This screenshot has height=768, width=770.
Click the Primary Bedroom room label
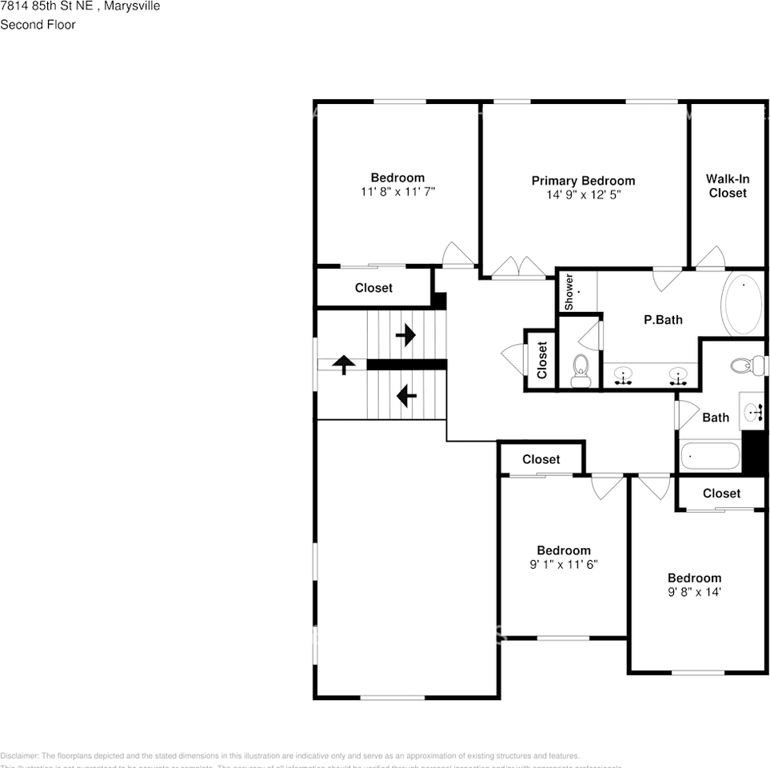click(x=583, y=181)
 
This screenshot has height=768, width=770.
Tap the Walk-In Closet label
click(x=727, y=186)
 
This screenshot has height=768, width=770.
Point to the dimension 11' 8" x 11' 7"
click(x=397, y=191)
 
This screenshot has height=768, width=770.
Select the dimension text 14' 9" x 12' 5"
click(x=583, y=194)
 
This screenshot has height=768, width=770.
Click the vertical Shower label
click(x=569, y=292)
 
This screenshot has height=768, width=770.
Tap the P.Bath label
click(x=663, y=320)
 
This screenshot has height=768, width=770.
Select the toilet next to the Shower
click(x=580, y=369)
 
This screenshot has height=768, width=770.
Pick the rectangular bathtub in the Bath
click(x=710, y=457)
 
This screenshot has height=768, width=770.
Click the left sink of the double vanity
click(x=622, y=376)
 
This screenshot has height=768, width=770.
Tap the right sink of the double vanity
click(x=679, y=376)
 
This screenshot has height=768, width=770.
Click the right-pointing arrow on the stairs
click(x=406, y=334)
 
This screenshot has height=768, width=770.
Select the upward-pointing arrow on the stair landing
click(x=344, y=365)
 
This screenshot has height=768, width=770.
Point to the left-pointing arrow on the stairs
click(x=406, y=394)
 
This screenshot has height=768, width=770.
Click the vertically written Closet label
click(x=542, y=360)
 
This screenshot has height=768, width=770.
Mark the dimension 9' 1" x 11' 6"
click(x=564, y=564)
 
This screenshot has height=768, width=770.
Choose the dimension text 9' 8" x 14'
click(x=694, y=592)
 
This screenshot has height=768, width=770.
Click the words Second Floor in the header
click(x=38, y=25)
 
